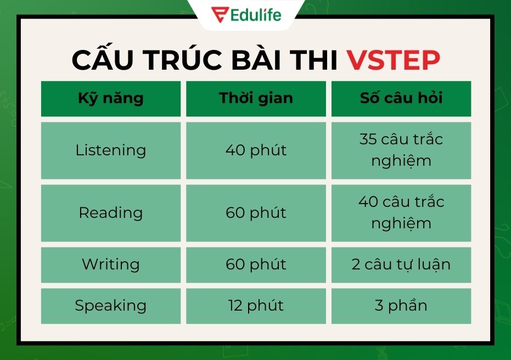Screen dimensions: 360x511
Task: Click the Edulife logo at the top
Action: [x=246, y=15]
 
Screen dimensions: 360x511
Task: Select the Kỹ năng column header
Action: [x=110, y=98]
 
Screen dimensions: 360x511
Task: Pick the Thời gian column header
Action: [x=256, y=98]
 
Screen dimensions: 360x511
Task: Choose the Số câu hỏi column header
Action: [x=401, y=98]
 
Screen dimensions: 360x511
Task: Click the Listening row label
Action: [x=110, y=150]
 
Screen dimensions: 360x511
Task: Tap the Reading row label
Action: [x=110, y=212]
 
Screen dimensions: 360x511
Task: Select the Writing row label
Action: [x=110, y=264]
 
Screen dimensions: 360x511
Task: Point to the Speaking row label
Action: [x=110, y=306]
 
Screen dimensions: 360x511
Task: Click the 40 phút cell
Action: [x=256, y=150]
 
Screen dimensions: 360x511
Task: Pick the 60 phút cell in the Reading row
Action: [x=256, y=212]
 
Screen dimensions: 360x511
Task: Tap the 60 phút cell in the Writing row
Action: [x=256, y=264]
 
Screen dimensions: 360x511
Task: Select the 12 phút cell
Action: [x=256, y=306]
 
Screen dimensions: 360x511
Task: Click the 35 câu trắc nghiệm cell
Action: [x=401, y=150]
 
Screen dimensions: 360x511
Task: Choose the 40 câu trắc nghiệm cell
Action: [x=401, y=212]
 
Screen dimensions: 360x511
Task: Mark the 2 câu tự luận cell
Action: [x=401, y=264]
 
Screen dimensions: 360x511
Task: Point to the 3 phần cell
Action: [x=401, y=306]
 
